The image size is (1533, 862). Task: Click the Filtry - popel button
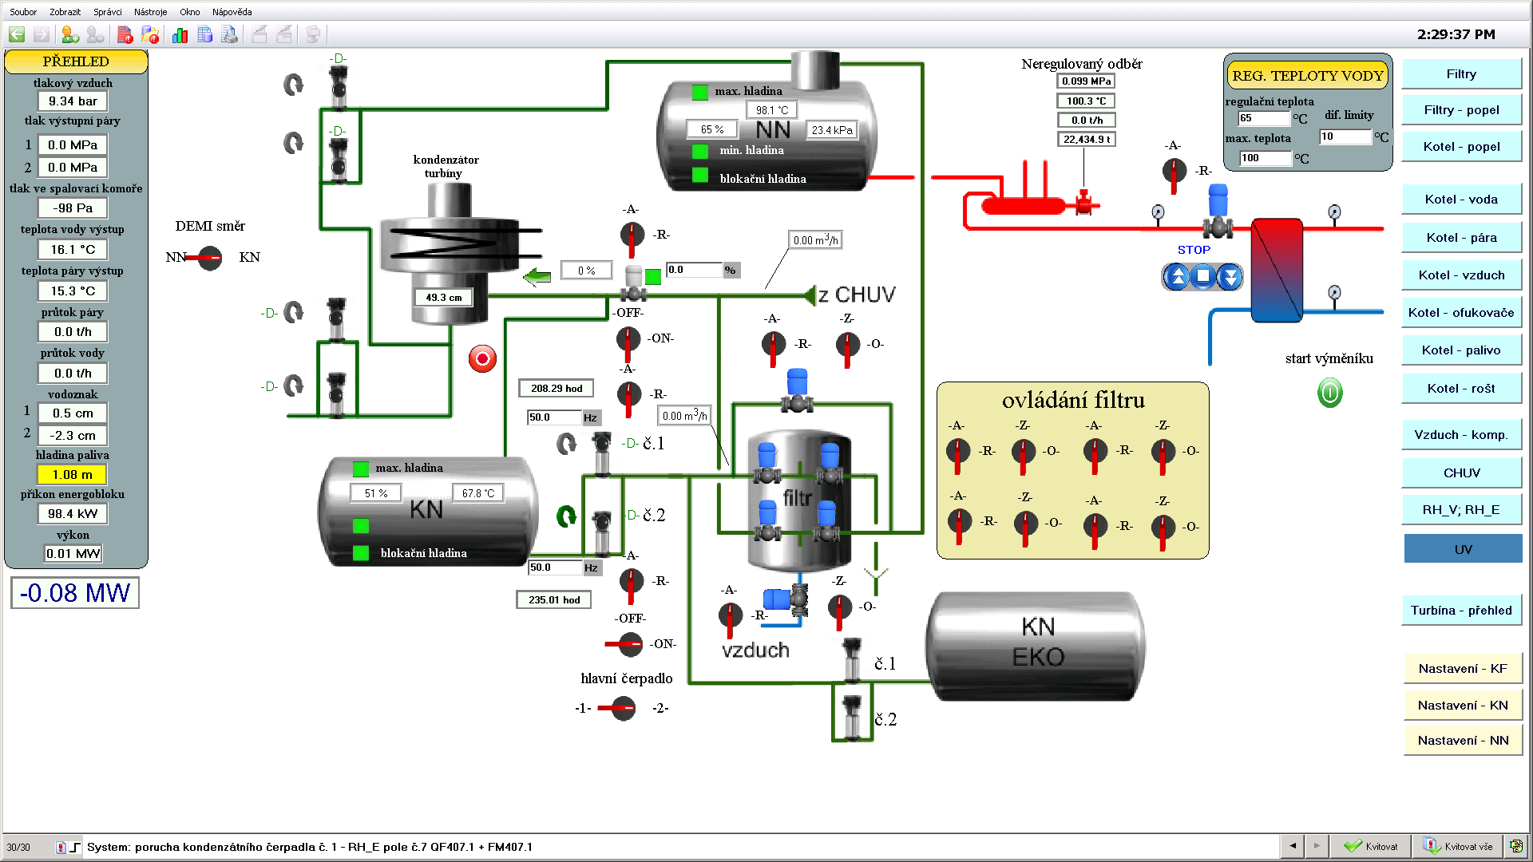point(1461,110)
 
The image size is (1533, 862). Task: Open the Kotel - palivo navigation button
point(1461,350)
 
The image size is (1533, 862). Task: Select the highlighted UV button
point(1463,549)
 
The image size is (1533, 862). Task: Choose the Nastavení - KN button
point(1463,706)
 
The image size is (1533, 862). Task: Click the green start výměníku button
point(1329,393)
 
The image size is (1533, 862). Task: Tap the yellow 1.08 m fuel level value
point(73,475)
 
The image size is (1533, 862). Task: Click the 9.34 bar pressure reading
point(73,101)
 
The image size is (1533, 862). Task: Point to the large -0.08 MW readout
point(75,593)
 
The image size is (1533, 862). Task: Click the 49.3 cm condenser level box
point(444,298)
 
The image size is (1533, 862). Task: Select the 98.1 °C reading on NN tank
point(772,110)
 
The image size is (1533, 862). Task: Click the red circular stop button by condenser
point(482,359)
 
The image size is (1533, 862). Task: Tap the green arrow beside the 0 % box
point(537,277)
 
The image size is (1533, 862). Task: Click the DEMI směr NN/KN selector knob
point(209,258)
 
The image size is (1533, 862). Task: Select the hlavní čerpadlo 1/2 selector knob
point(622,708)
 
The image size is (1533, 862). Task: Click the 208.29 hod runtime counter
point(557,389)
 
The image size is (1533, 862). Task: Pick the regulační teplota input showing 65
point(1263,118)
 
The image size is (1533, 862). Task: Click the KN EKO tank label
point(1038,642)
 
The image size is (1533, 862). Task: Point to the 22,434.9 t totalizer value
point(1086,140)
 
